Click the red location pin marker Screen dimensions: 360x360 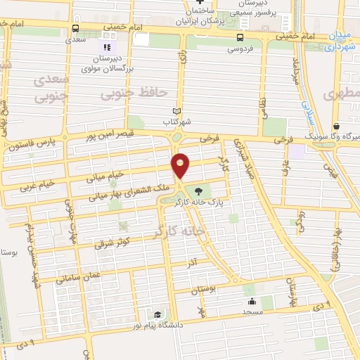pos(181,165)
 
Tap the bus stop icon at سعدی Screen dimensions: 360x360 pos(75,28)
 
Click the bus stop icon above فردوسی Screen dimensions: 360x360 pos(240,37)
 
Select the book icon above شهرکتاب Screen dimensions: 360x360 pos(177,111)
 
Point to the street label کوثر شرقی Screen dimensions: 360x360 pos(112,243)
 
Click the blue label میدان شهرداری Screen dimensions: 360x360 pos(340,42)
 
